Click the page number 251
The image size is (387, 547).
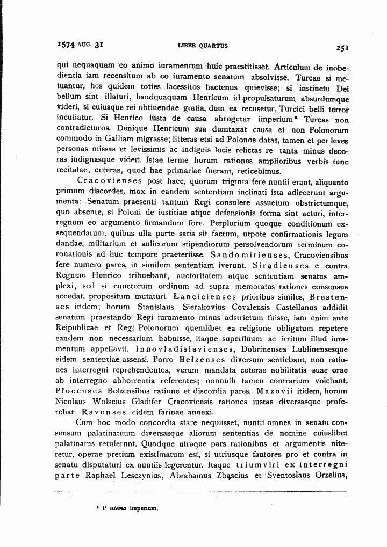click(x=342, y=47)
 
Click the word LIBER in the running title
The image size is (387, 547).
click(x=184, y=46)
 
